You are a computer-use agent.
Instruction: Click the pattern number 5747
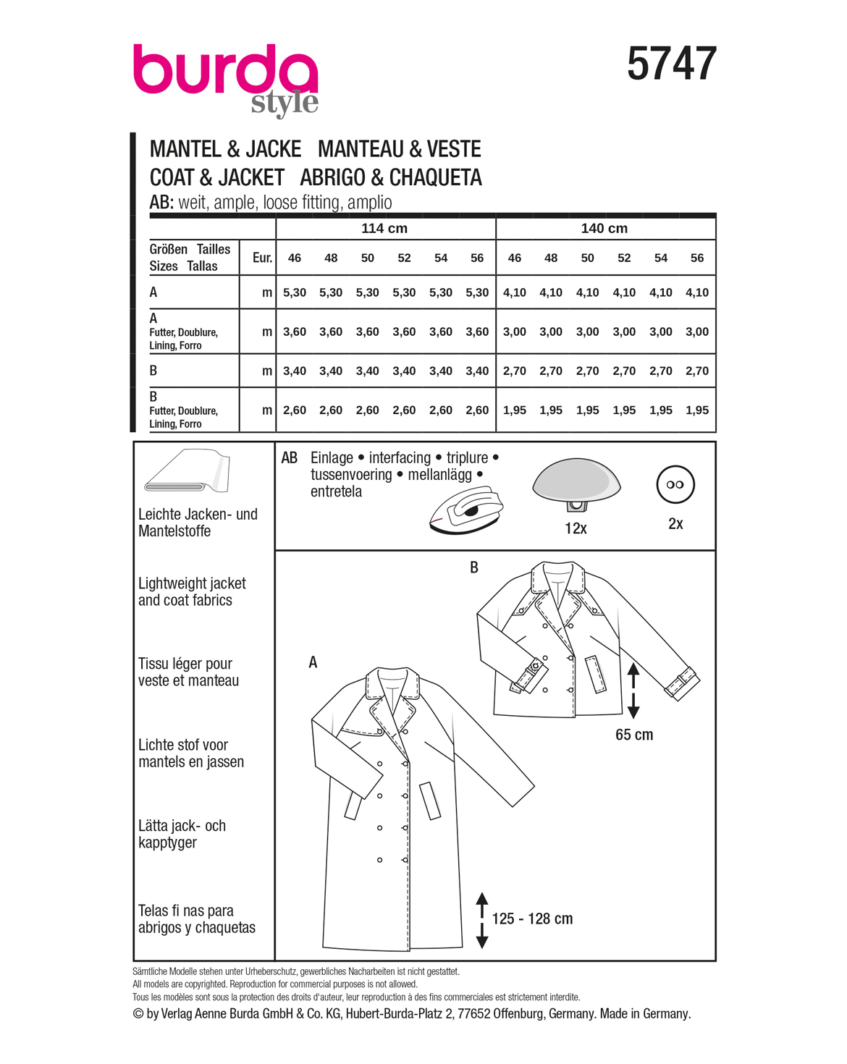pos(671,64)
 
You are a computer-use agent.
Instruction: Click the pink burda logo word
pos(224,71)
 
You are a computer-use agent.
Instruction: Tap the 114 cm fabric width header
pos(384,229)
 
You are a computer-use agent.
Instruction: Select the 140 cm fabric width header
pos(604,229)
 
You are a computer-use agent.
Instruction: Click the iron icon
pos(466,511)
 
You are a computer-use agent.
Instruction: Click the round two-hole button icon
pos(675,485)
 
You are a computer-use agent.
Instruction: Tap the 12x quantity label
pos(576,529)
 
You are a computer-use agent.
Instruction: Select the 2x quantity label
pos(675,524)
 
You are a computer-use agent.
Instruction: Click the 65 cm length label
pos(634,735)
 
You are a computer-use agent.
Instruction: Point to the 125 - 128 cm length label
pos(532,919)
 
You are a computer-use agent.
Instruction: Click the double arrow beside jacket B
pos(633,691)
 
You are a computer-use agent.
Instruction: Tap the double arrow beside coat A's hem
pos(482,920)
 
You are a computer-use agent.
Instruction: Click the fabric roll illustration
pos(187,471)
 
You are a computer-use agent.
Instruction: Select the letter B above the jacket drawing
pos(474,567)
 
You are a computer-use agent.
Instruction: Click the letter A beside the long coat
pos(313,662)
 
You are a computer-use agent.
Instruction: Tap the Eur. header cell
pos(262,258)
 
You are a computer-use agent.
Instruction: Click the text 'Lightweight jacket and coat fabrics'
pos(192,592)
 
